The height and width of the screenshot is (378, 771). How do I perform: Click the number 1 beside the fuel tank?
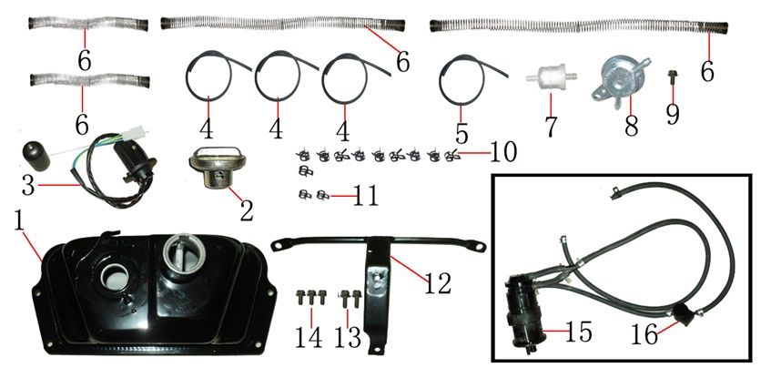[x=19, y=222]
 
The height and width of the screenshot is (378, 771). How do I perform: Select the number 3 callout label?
[x=28, y=185]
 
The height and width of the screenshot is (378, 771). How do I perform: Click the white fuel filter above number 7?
[x=552, y=78]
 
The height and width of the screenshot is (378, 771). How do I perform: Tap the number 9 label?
[x=672, y=114]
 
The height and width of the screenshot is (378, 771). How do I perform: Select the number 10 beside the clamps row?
[x=502, y=153]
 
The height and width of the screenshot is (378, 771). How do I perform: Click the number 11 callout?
[x=364, y=196]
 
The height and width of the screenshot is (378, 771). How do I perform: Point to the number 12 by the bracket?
[x=437, y=283]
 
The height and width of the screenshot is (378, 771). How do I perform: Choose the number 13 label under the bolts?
[x=348, y=337]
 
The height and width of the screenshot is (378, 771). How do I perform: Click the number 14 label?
[x=309, y=337]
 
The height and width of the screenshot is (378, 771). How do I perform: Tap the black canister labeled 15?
[x=522, y=313]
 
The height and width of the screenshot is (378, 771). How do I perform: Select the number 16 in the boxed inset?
[x=644, y=335]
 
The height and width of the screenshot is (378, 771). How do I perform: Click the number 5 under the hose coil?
[x=462, y=133]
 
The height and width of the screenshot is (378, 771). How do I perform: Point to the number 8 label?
[x=632, y=125]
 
